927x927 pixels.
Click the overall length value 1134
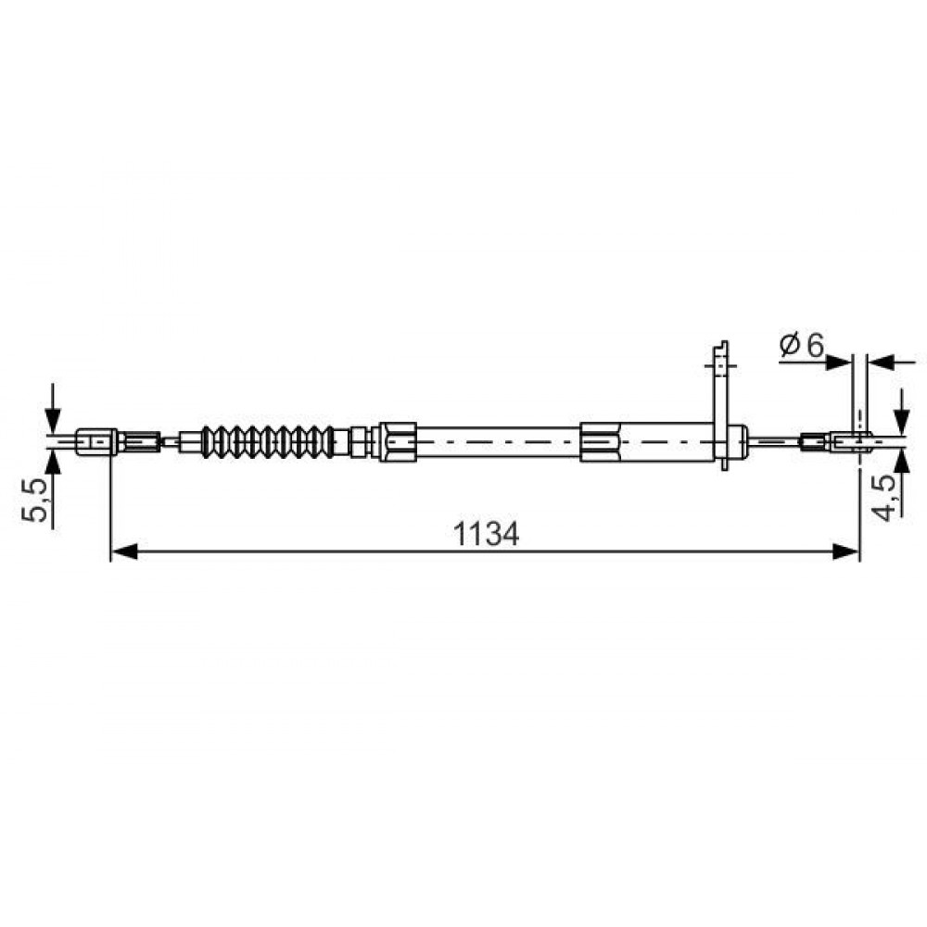(x=486, y=534)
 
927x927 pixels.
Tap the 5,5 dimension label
(x=34, y=501)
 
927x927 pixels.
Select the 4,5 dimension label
(x=885, y=499)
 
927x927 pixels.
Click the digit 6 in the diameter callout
(x=815, y=345)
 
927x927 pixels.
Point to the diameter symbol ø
(x=791, y=345)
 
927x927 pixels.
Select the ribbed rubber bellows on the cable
(x=268, y=441)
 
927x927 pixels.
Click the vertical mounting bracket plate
(x=721, y=406)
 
